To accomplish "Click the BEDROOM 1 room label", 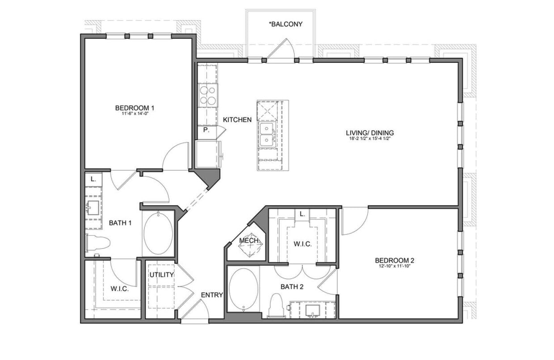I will [134, 108].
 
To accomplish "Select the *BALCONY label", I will [285, 24].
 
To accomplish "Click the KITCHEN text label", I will [237, 120].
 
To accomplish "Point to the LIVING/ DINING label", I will [369, 133].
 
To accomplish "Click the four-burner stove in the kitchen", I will [208, 95].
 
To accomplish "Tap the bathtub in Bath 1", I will [158, 233].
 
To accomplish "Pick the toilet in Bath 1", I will [98, 243].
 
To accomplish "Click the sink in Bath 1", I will [93, 208].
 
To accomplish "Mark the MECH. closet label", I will [249, 241].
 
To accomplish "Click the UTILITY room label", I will [161, 275].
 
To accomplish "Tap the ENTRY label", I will [212, 295].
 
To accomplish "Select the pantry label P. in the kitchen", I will [206, 130].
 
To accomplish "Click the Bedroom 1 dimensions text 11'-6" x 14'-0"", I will [134, 114].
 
